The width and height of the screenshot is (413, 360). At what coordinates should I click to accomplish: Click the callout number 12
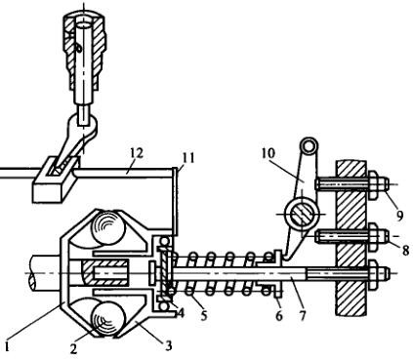pos(137,153)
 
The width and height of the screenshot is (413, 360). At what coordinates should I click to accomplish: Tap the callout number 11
pos(188,158)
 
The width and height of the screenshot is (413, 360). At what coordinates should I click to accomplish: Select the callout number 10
pos(268,153)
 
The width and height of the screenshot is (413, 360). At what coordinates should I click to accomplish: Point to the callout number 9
pos(399,215)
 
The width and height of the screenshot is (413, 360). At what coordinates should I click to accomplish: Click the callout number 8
pos(404,250)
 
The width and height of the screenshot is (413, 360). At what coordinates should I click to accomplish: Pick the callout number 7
pos(303,314)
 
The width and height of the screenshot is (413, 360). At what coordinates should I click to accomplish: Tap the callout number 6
pos(279,315)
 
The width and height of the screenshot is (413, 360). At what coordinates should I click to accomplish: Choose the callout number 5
pos(204,314)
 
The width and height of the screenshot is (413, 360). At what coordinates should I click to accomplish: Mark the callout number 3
pos(168,345)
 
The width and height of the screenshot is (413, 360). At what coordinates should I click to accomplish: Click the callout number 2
pos(73,348)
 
